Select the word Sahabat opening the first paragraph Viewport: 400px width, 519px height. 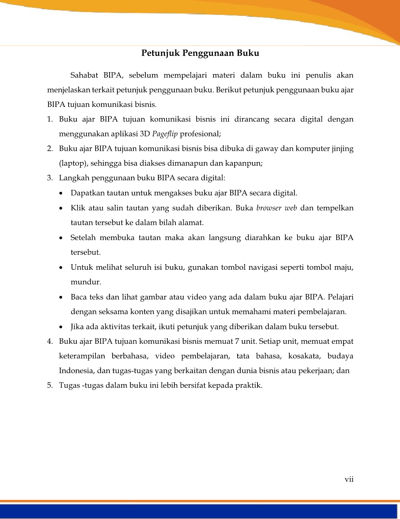(84, 75)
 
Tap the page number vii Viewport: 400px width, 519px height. (349, 479)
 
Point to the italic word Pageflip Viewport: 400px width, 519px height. (165, 134)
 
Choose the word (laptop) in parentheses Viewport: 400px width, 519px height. (71, 164)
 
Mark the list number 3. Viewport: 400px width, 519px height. (50, 178)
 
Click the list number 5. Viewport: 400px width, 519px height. (50, 386)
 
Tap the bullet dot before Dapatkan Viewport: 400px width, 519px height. (62, 194)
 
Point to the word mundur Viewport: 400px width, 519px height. (86, 282)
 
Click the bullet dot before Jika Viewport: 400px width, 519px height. (62, 327)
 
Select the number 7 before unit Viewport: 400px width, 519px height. (237, 342)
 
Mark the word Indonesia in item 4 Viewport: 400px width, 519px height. (75, 371)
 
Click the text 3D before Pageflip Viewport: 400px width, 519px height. (145, 134)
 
